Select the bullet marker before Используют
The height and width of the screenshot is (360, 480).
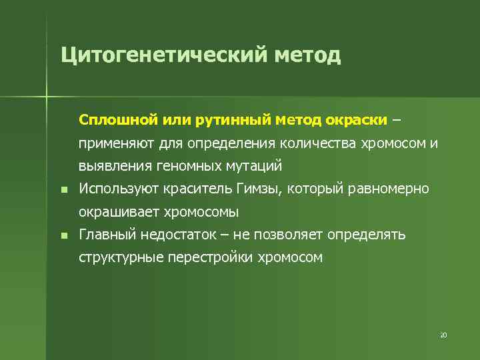62,190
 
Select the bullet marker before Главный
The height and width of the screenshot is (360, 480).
62,236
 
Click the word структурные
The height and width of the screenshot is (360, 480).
120,258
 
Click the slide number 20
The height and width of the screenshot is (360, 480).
443,335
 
